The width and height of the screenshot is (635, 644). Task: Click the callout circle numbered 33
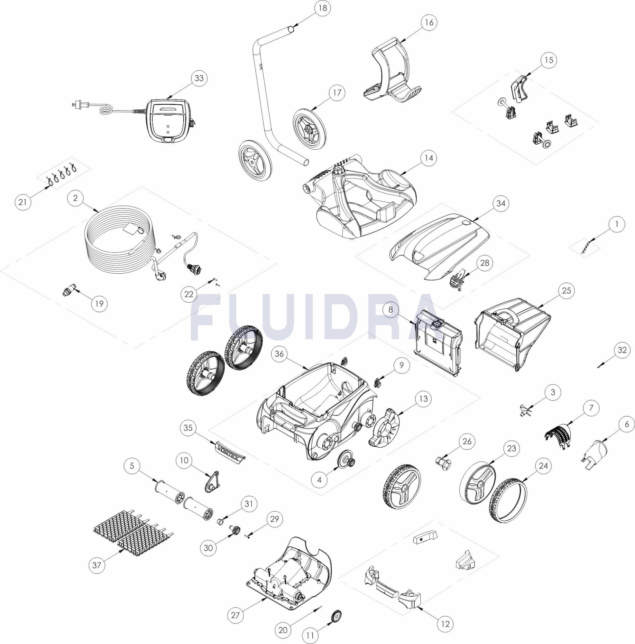click(199, 78)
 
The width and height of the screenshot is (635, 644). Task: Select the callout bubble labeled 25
click(566, 290)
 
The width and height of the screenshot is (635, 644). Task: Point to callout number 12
click(445, 624)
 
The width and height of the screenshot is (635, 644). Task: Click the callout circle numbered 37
click(97, 565)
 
